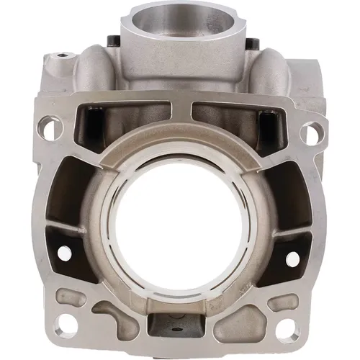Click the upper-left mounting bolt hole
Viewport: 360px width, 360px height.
click(51, 130)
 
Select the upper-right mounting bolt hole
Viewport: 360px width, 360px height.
click(311, 132)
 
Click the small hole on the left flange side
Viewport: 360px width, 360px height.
click(64, 253)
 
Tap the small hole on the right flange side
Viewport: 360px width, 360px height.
click(292, 257)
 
